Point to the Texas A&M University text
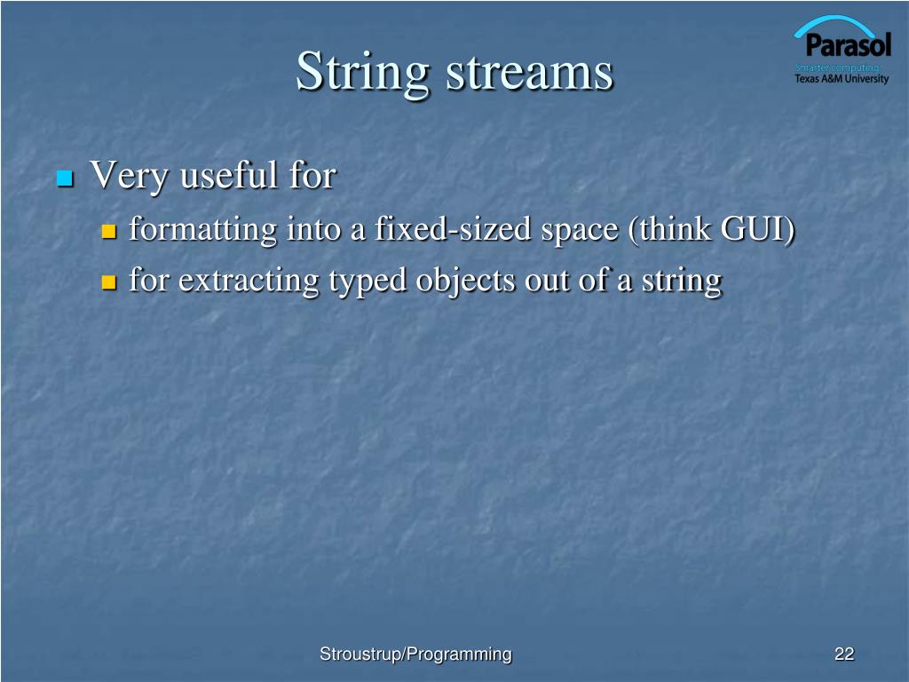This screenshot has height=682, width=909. (x=841, y=79)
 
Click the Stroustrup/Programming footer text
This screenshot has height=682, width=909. (x=415, y=654)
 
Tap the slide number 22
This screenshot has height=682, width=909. (x=843, y=654)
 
